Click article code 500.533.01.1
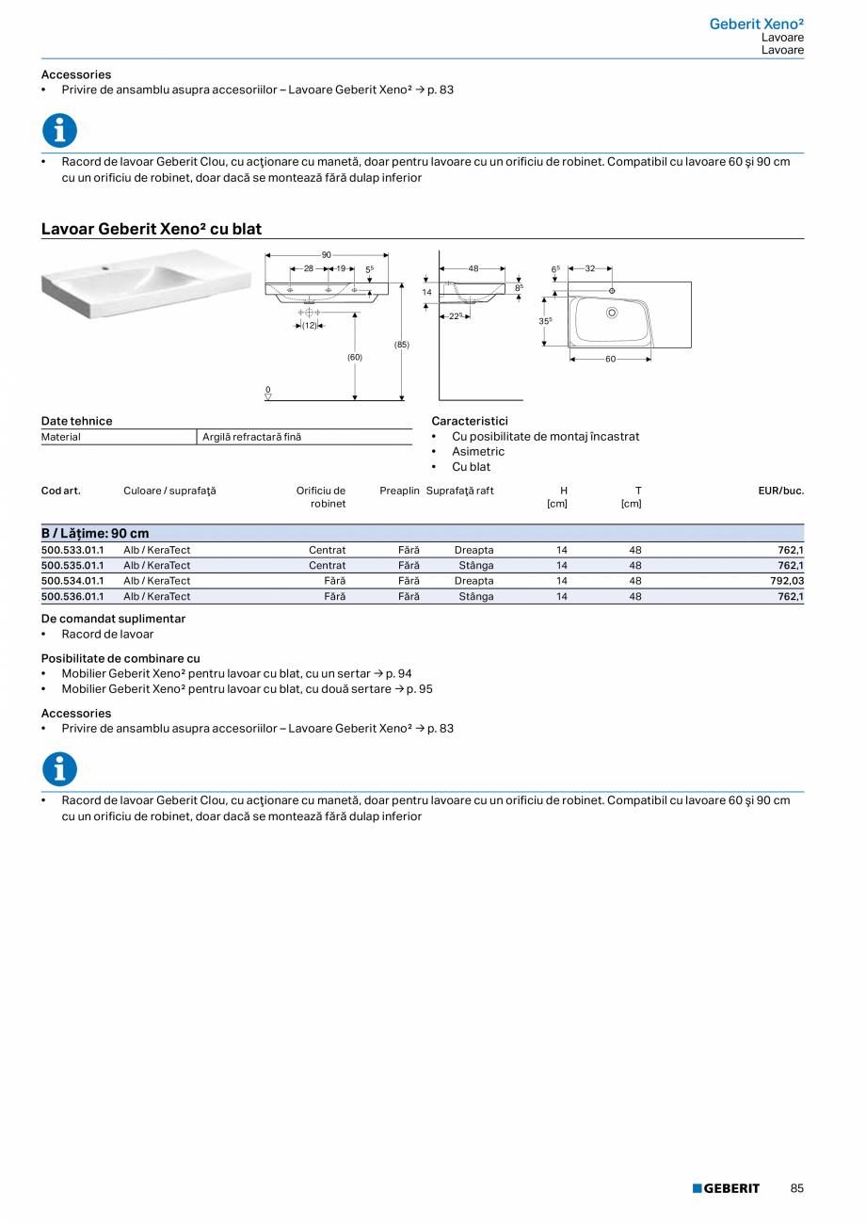pos(72,550)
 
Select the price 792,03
pos(784,581)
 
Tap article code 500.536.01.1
pos(72,597)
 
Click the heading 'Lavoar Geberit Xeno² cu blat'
pos(152,229)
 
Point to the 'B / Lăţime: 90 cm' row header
pos(95,533)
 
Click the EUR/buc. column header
pos(780,491)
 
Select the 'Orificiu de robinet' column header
pos(321,497)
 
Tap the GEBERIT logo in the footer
pos(726,1188)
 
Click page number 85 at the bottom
pos(797,1188)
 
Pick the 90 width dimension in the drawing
pos(327,255)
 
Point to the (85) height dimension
pos(402,345)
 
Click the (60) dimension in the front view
pos(354,357)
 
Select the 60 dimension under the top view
pos(610,359)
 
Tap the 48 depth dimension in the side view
pos(473,268)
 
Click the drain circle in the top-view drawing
pos(612,312)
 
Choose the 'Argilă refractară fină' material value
pos(252,437)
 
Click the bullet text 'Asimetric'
pos(478,452)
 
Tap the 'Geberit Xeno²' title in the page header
pos(756,24)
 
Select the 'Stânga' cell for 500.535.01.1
pos(475,566)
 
